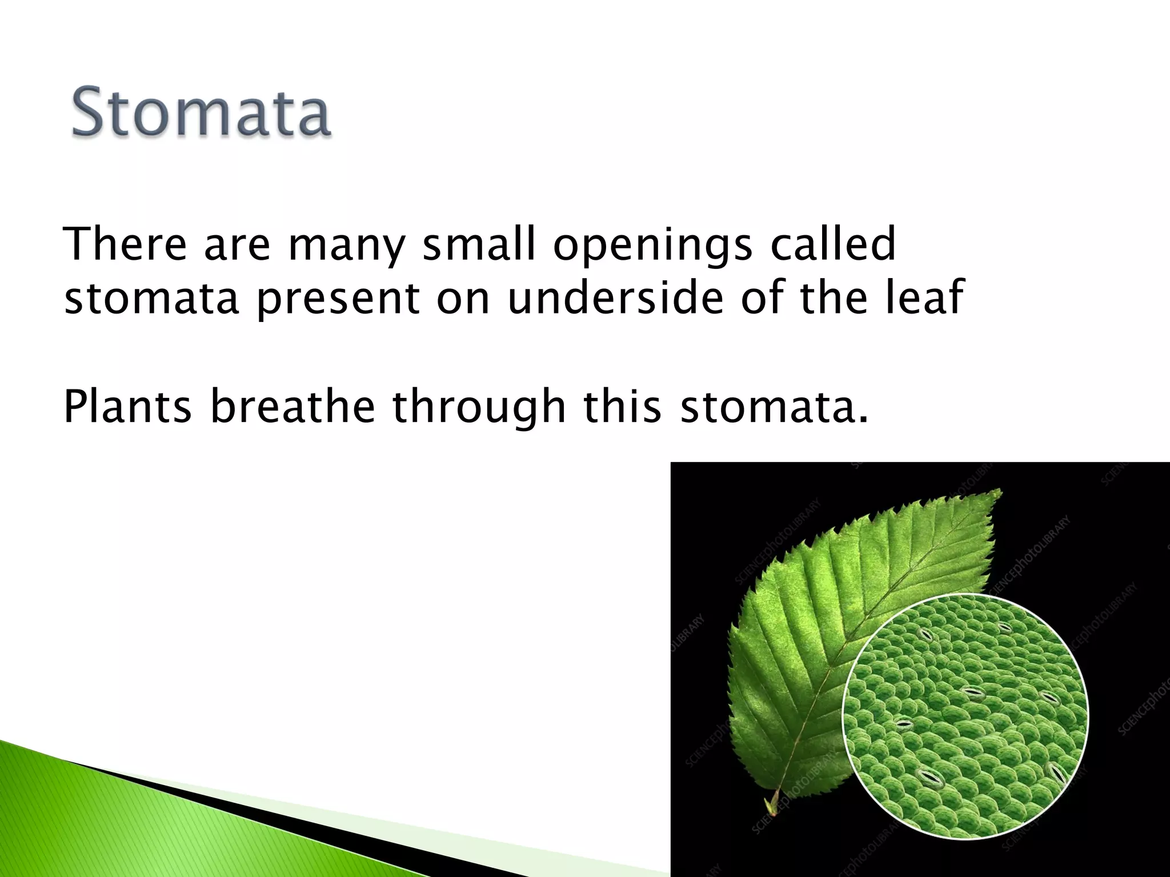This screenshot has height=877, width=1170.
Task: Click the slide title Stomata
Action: (x=201, y=111)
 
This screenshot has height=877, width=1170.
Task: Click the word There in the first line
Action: (x=125, y=244)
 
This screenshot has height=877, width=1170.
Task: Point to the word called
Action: (x=832, y=244)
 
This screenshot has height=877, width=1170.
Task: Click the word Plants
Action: (x=127, y=407)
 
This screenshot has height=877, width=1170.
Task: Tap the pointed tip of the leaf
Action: (x=1000, y=491)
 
